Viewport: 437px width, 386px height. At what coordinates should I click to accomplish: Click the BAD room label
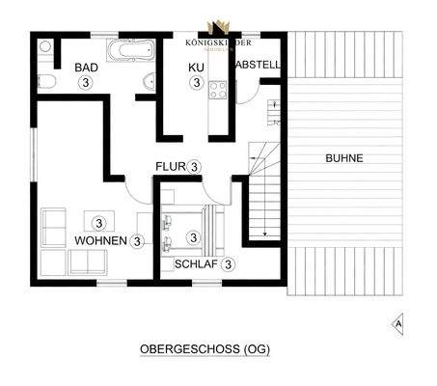(87, 68)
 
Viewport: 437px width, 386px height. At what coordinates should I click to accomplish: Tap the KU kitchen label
(195, 68)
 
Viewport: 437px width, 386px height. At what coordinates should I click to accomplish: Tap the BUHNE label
(344, 157)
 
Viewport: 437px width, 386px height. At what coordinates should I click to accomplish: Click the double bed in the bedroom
(192, 230)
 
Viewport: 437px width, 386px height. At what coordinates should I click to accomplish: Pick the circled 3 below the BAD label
(87, 83)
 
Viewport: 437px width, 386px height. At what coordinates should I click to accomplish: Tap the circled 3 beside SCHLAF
(228, 263)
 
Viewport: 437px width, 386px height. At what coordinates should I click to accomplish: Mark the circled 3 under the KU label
(195, 83)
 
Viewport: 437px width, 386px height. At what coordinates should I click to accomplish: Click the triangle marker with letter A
(398, 324)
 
